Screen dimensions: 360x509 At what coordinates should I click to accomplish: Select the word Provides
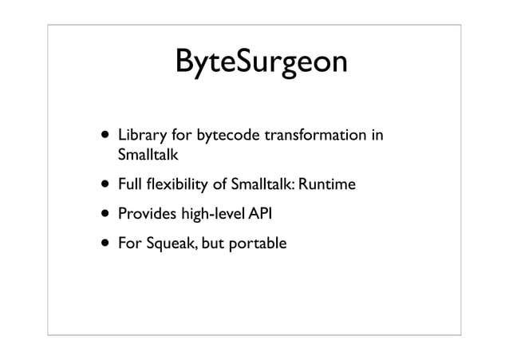tap(145, 215)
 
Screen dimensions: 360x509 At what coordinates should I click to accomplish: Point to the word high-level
tap(211, 215)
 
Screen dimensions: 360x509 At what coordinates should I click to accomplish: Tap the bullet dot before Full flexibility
tap(104, 187)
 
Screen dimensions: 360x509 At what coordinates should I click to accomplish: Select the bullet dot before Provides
tap(104, 216)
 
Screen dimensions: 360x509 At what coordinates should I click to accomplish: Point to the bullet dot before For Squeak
tap(104, 244)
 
